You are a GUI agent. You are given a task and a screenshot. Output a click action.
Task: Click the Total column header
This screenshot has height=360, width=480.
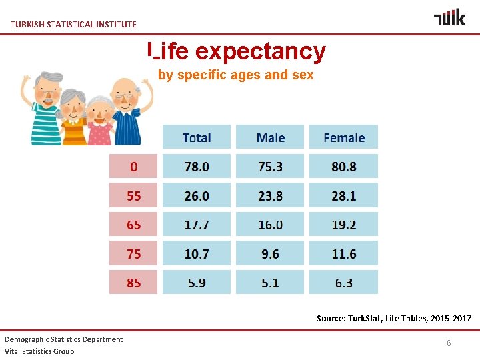pos(197,137)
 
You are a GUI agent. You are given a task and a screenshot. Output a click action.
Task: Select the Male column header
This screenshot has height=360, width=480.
pos(270,137)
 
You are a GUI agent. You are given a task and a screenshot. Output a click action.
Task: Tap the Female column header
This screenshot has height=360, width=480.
pos(344,137)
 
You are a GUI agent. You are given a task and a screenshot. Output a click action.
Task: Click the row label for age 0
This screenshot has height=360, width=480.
pos(133,167)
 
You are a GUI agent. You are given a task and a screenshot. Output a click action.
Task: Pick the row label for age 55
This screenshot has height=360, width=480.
pos(133,196)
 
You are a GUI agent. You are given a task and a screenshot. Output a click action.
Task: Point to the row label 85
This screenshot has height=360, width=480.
pos(133,283)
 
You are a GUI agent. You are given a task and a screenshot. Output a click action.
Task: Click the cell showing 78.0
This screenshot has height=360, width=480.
pos(197,167)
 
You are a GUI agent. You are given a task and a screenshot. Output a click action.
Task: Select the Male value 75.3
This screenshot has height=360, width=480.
pos(270,167)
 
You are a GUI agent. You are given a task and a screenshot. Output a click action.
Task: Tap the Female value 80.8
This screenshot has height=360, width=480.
pos(344,167)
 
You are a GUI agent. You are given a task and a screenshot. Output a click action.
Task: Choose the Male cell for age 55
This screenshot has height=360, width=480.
pos(270,196)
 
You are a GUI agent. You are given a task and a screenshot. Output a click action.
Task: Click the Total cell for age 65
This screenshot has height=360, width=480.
pos(197,225)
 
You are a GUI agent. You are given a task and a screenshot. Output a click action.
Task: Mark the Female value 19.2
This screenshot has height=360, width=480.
pos(344,225)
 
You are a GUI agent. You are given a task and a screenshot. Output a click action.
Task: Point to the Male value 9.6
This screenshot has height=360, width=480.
pos(270,254)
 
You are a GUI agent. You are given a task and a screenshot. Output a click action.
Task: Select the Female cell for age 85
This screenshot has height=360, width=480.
pos(344,283)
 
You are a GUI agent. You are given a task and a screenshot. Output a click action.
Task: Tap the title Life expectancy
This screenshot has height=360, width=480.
pos(237,51)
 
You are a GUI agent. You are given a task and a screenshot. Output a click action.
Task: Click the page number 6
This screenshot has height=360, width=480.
pos(449,342)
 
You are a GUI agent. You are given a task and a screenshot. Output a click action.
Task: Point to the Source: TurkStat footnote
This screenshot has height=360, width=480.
pos(393,319)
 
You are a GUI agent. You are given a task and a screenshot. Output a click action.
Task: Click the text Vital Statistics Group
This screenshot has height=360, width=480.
pos(39,351)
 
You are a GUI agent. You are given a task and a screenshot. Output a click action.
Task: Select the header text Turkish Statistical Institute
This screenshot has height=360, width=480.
pos(73,24)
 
